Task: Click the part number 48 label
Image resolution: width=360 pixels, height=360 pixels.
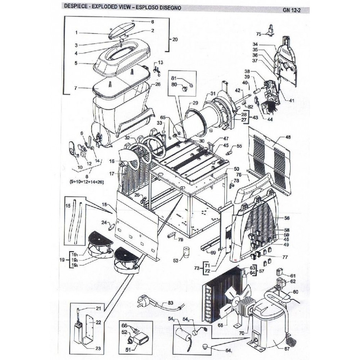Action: point(288,137)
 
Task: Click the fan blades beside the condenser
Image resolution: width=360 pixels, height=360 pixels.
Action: point(231,300)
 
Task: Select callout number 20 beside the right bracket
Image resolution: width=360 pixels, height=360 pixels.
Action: point(175,39)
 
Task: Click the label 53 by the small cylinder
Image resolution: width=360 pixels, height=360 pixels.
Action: point(176,260)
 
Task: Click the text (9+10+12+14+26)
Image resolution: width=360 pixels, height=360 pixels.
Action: point(86,182)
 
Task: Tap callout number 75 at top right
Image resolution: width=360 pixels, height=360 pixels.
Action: point(258,34)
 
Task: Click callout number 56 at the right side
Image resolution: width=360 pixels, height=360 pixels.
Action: point(287,218)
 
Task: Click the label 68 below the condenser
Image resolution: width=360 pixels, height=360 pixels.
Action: point(220,325)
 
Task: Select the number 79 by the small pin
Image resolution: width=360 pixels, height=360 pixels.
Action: point(180,239)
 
